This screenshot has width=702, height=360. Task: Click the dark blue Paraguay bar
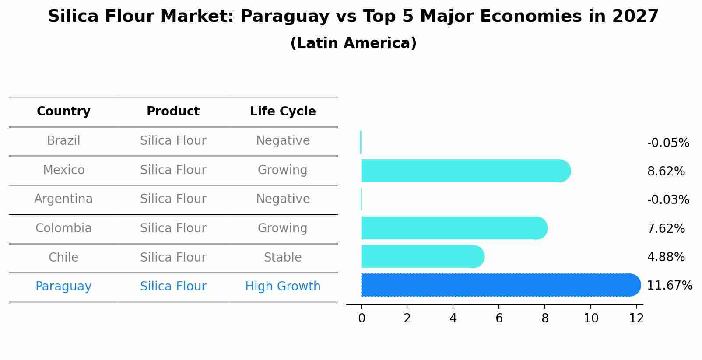[x=499, y=285]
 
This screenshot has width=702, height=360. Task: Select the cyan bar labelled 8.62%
[x=464, y=171]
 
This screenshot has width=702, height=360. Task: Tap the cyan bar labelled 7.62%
[x=453, y=228]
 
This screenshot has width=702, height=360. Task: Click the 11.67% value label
[x=669, y=286]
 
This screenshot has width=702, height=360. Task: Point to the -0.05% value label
[x=668, y=143]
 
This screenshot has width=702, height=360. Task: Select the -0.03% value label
[x=668, y=200]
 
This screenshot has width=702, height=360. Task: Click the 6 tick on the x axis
[x=499, y=318]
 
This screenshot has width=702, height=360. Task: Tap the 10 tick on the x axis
[x=591, y=318]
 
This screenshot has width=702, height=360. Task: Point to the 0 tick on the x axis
[x=362, y=318]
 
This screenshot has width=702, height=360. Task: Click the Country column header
[x=63, y=112]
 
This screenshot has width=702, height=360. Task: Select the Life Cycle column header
[x=283, y=112]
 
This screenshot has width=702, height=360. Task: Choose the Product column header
[x=173, y=112]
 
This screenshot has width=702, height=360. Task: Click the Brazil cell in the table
[x=63, y=141]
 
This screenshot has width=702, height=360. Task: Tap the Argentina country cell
[x=63, y=199]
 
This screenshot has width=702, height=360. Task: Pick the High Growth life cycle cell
[x=283, y=287]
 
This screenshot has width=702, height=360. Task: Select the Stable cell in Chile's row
[x=283, y=257]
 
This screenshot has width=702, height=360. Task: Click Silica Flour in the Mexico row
[x=173, y=170]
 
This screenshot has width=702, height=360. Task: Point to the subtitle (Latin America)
[x=353, y=43]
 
